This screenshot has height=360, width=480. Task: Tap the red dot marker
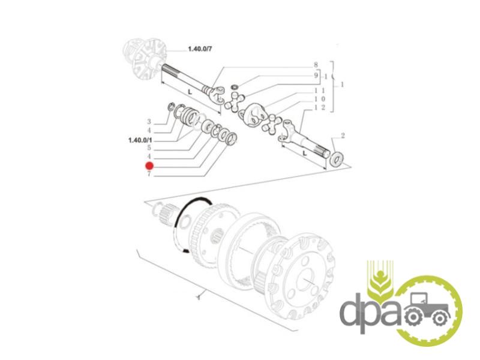click(149, 166)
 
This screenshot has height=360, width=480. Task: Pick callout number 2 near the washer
click(343, 135)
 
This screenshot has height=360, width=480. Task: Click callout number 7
click(149, 175)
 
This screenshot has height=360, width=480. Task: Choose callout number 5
click(149, 148)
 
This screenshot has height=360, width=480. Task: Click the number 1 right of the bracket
click(343, 85)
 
